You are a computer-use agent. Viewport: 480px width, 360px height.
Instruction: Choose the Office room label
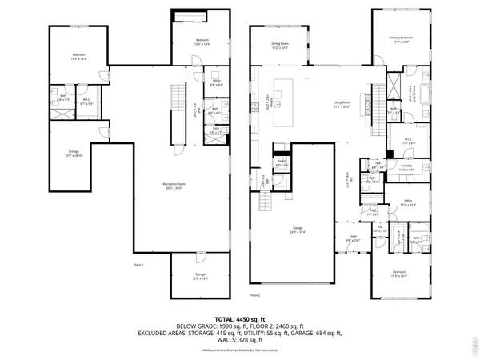click(x=407, y=202)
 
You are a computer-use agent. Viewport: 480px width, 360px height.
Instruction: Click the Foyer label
click(x=353, y=238)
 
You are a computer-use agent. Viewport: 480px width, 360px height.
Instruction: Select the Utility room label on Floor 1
click(x=217, y=82)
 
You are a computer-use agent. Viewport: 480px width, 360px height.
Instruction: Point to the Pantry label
click(x=281, y=163)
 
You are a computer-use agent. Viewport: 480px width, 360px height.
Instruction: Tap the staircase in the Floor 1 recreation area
click(x=178, y=104)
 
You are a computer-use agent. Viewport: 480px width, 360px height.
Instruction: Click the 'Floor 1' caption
click(x=138, y=265)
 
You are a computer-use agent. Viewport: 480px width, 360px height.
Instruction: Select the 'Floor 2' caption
click(x=255, y=295)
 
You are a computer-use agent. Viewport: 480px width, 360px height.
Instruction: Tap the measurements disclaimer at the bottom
click(x=240, y=350)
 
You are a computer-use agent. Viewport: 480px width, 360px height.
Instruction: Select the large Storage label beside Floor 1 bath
click(x=74, y=155)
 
